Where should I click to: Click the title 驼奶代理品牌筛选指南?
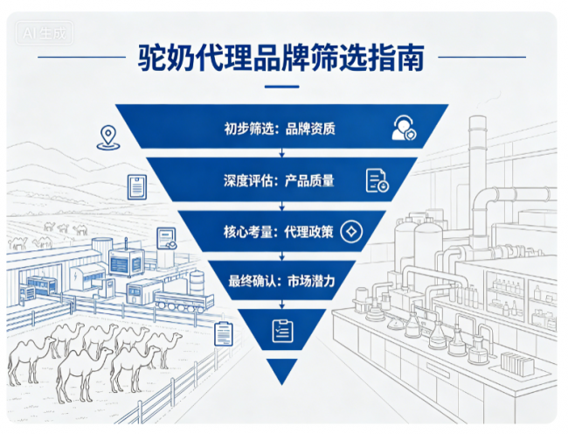click(281, 58)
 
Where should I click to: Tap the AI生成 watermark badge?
click(45, 33)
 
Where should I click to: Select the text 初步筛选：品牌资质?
click(280, 129)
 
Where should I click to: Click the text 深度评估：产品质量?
click(279, 180)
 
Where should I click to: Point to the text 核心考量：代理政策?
click(278, 231)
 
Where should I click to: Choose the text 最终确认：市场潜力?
click(281, 281)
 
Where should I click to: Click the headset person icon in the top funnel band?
click(404, 128)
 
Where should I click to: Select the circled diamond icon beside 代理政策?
click(351, 231)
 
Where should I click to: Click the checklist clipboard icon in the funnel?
click(282, 331)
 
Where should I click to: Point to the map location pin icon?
click(108, 137)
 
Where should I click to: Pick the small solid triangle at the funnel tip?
click(282, 371)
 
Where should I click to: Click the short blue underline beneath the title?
click(282, 87)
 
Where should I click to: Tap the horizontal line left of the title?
click(81, 57)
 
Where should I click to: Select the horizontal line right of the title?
click(481, 57)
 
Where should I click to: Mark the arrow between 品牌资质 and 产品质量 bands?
click(282, 152)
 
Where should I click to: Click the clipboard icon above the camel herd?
click(224, 334)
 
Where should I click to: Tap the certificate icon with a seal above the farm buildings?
click(167, 238)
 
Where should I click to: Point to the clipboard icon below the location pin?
click(137, 187)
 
